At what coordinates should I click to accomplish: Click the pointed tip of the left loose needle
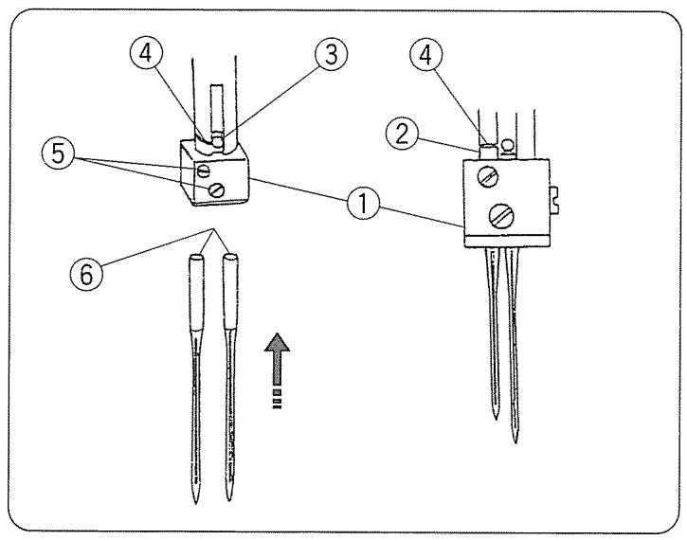[195, 499]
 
